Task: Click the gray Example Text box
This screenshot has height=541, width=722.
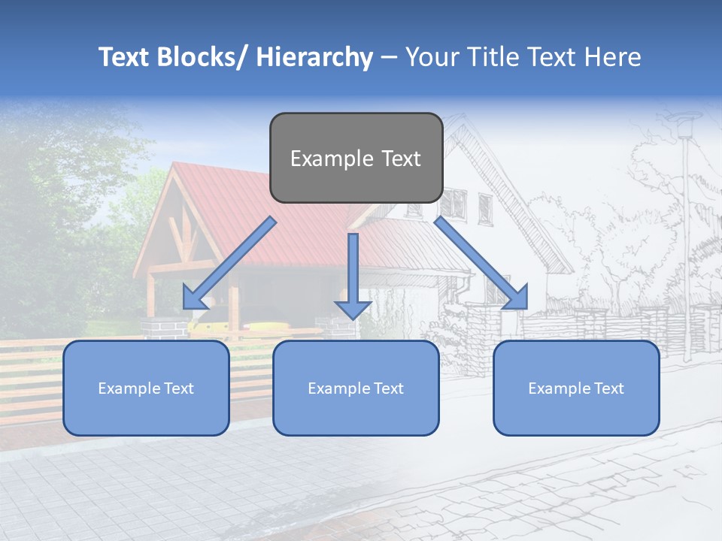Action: (356, 158)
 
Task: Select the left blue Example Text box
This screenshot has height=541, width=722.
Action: (146, 388)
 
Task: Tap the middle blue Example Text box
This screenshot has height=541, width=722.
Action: (356, 388)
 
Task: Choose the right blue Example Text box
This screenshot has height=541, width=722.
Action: (576, 388)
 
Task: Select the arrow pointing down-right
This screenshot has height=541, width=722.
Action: (481, 263)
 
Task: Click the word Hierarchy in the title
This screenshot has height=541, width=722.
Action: (314, 57)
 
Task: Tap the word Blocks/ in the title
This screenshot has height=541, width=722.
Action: (201, 57)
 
